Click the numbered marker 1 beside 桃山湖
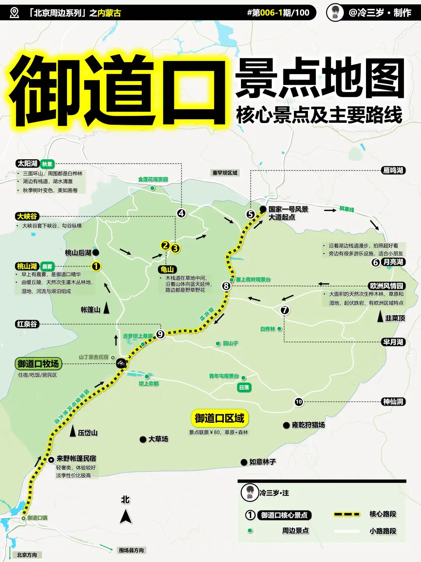point(96,267)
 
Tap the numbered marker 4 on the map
point(181,213)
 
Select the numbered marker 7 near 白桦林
point(285,310)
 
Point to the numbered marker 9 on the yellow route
point(160,334)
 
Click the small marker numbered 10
point(299,402)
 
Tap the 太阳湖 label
point(27,164)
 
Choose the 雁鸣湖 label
point(393,170)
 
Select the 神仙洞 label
point(393,402)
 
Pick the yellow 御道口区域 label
point(219,418)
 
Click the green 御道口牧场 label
point(38,364)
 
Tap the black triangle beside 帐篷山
point(106,309)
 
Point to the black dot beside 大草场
point(143,439)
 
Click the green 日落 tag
point(244,388)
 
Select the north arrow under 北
point(126,517)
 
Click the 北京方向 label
point(27,555)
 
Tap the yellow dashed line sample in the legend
point(347,514)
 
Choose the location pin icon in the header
point(14,13)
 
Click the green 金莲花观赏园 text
point(153,180)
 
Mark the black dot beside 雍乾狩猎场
point(286,425)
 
